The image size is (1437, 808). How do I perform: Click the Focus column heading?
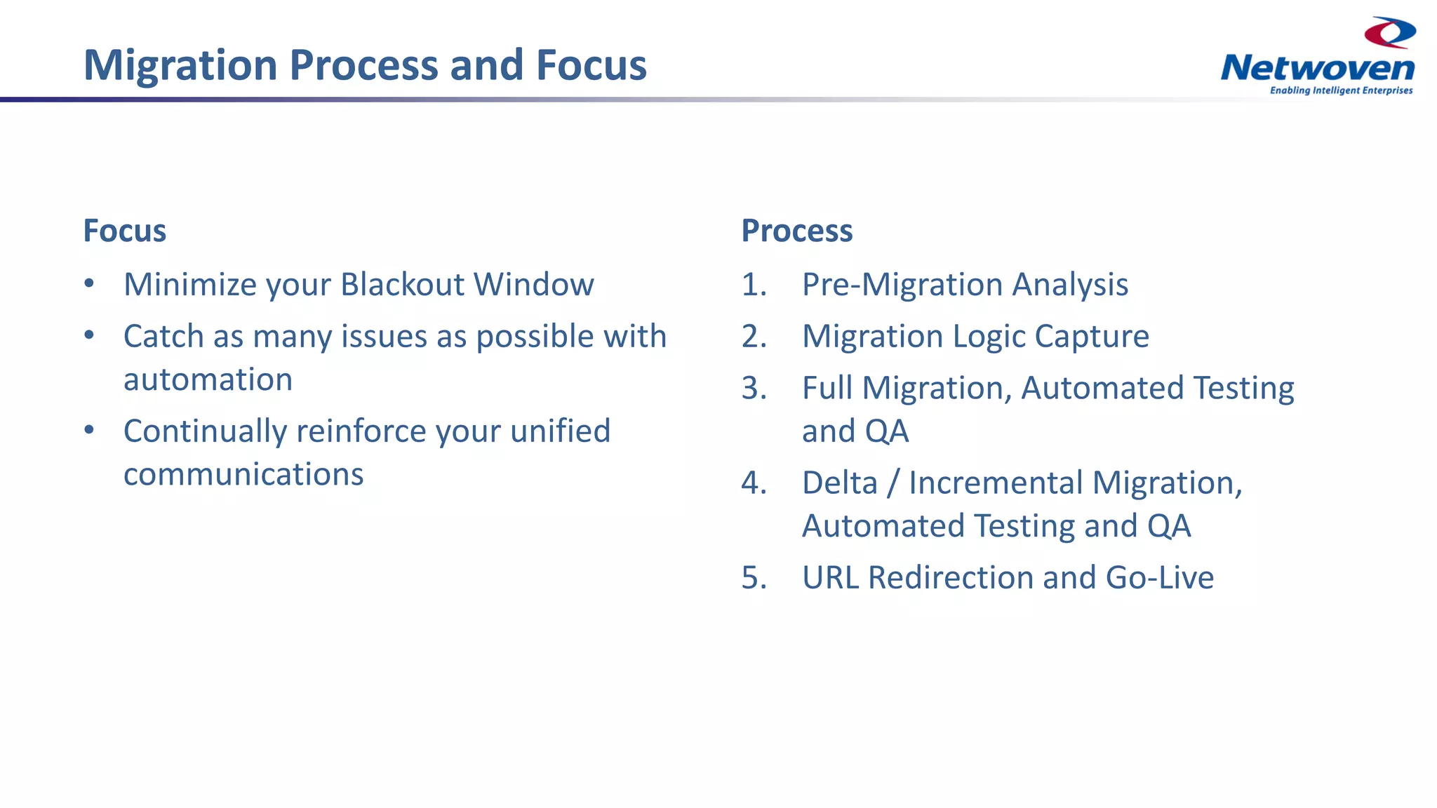[x=124, y=231]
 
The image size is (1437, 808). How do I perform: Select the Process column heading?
[x=796, y=231]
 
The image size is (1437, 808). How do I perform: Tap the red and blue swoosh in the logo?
[x=1389, y=33]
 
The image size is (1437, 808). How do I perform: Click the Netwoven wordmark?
[x=1317, y=68]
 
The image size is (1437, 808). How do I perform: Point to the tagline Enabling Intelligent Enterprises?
[x=1341, y=90]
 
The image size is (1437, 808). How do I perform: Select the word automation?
[x=208, y=379]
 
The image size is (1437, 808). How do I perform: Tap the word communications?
[x=243, y=475]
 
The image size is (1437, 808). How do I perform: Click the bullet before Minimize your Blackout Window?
[x=89, y=284]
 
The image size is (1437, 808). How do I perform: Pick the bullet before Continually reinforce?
[x=89, y=430]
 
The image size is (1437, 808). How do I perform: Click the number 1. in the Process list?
[x=754, y=285]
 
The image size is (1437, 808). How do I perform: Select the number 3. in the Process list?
[x=754, y=389]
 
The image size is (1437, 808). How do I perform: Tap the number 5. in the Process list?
[x=754, y=578]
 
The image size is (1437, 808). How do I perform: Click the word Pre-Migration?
[x=902, y=285]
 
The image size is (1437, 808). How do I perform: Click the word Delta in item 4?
[x=839, y=483]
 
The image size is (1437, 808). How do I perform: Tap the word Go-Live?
[x=1159, y=578]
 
